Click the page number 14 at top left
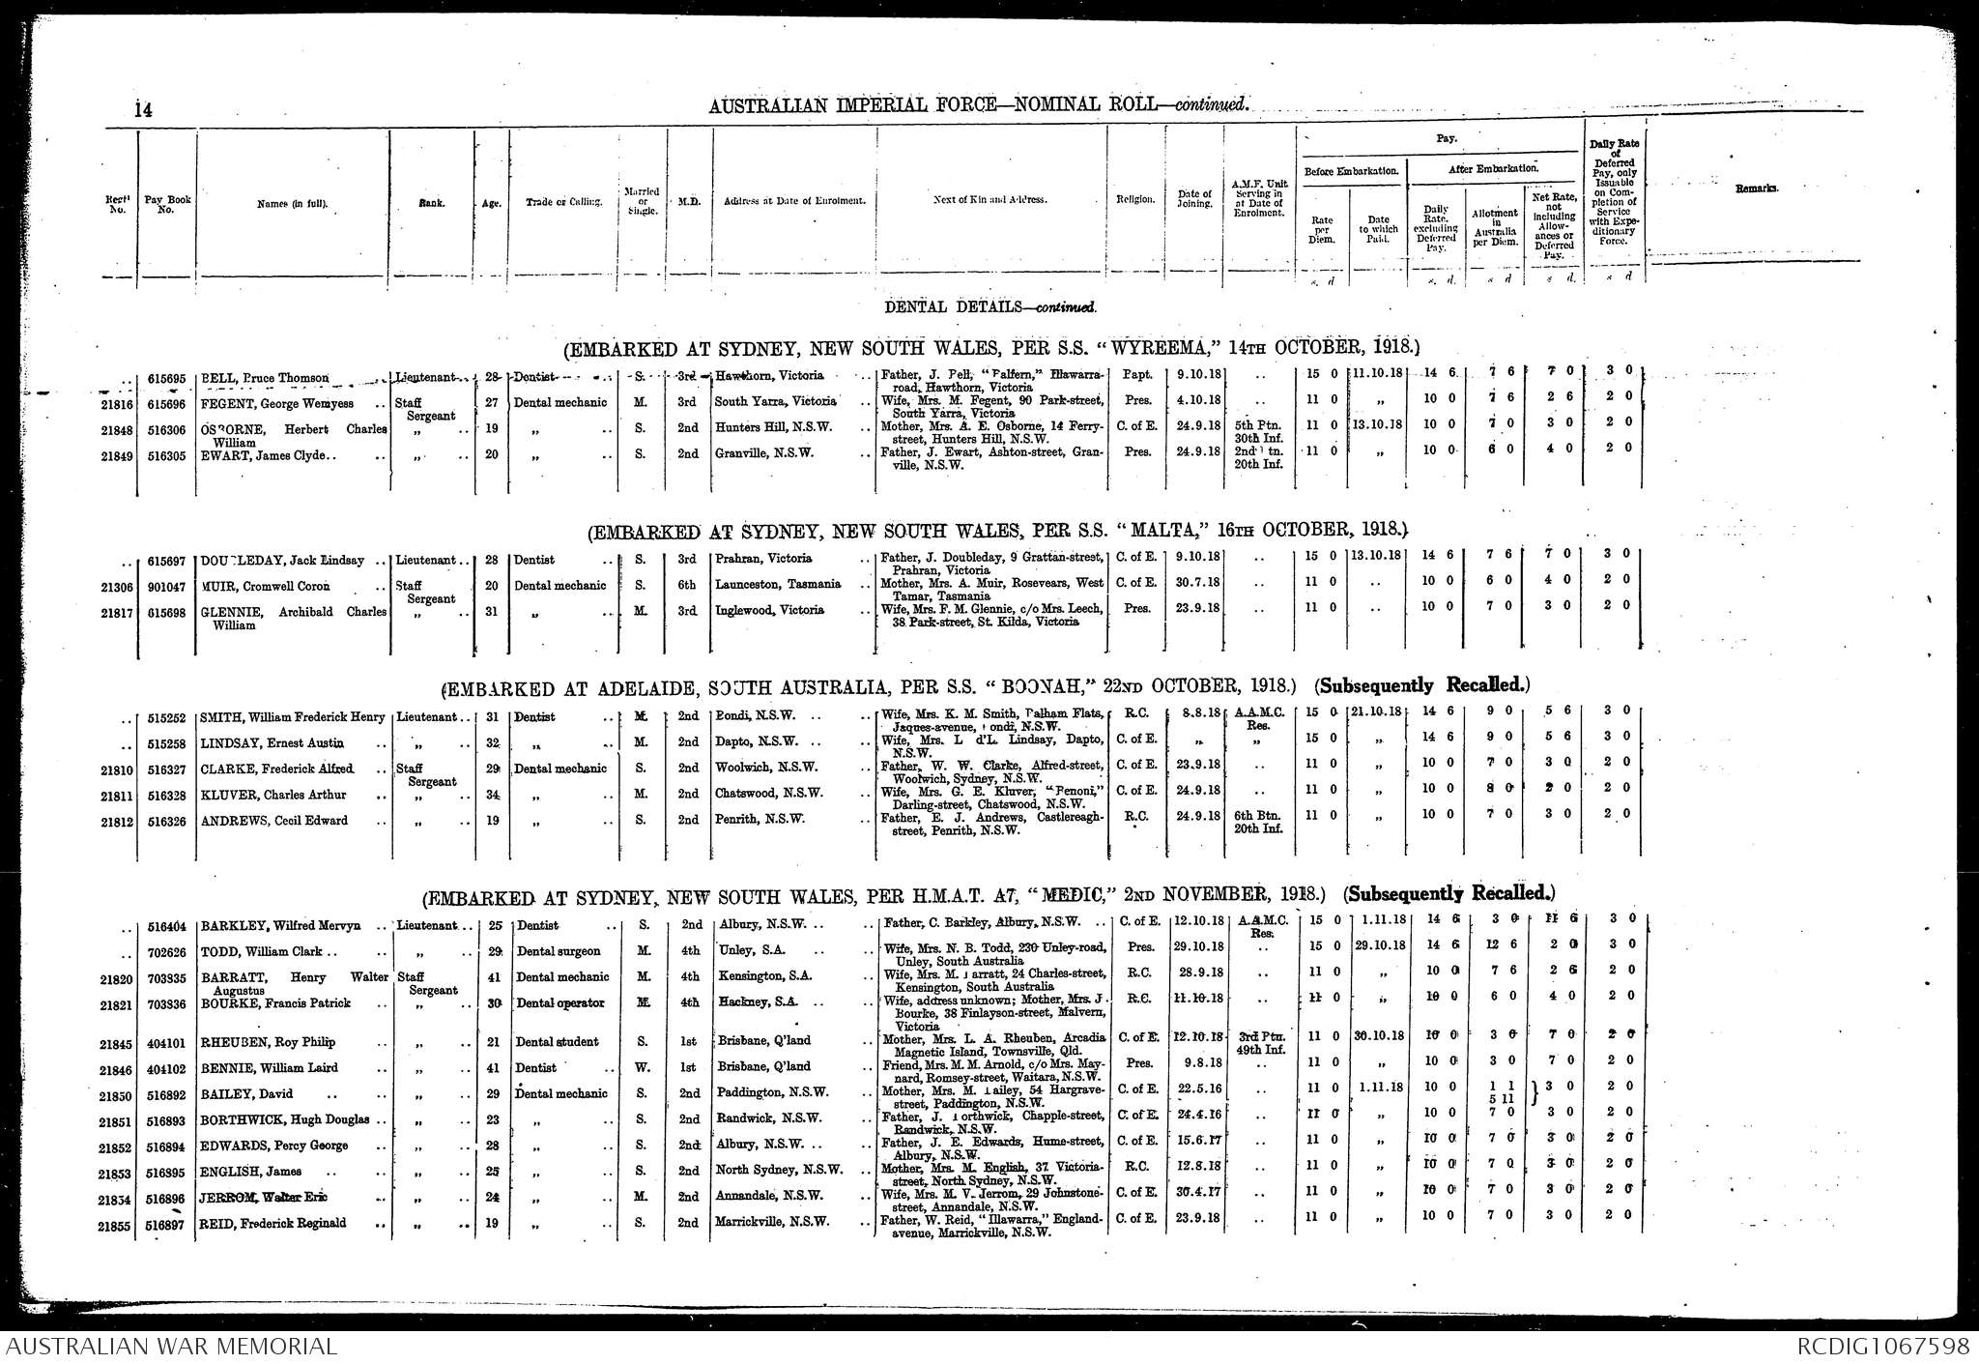tap(143, 110)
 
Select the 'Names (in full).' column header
tap(292, 203)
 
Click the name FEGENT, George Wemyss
tap(277, 402)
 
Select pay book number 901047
tap(165, 586)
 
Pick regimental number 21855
tap(116, 1224)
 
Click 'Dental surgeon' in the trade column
tap(558, 950)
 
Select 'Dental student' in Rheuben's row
tap(557, 1042)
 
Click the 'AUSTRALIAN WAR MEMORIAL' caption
tap(171, 1347)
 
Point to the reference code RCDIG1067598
tap(1883, 1347)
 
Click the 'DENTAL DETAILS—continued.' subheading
tap(991, 306)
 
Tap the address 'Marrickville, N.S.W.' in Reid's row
tap(771, 1222)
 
